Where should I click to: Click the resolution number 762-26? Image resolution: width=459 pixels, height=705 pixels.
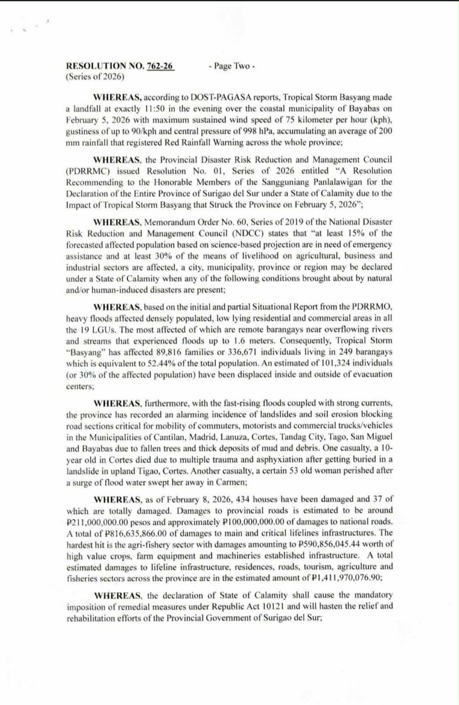[160, 66]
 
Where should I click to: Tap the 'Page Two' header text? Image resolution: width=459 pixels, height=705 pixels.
[232, 66]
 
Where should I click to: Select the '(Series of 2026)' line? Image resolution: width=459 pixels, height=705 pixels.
[95, 77]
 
